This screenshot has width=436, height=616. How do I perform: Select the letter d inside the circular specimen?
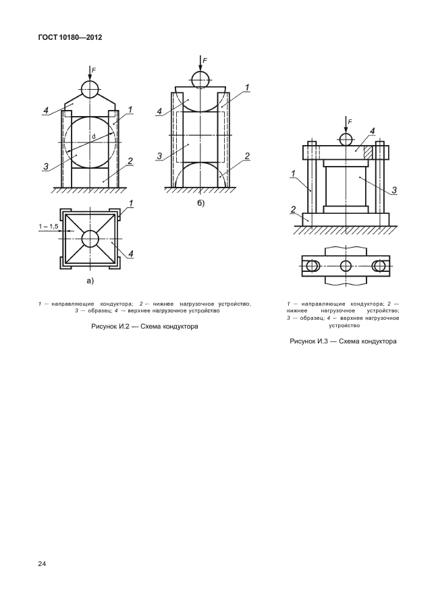[94, 138]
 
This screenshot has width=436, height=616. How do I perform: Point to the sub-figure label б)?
[200, 202]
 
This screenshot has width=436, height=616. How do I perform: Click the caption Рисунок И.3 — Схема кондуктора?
[343, 341]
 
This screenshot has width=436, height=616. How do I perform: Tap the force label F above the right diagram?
[350, 122]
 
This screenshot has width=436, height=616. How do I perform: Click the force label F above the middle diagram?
[205, 61]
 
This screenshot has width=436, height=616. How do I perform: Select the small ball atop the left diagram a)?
[90, 88]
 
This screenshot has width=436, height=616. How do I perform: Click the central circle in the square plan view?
[90, 239]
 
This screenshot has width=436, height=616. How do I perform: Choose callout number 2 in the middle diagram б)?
[248, 156]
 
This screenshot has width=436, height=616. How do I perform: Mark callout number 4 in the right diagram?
[373, 131]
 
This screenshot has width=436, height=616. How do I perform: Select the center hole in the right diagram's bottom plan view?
[346, 265]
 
